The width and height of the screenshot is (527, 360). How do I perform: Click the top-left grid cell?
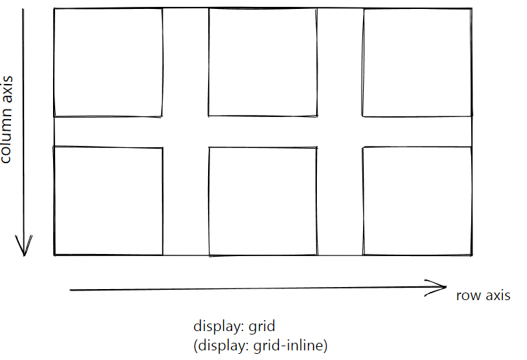pyautogui.click(x=108, y=62)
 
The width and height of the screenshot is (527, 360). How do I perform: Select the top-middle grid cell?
pyautogui.click(x=262, y=62)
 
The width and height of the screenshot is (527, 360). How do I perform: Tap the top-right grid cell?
pyautogui.click(x=417, y=62)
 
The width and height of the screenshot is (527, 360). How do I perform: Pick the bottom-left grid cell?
pyautogui.click(x=108, y=201)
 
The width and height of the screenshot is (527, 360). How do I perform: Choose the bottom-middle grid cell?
pyautogui.click(x=262, y=201)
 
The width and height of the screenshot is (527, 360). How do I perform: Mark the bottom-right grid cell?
pyautogui.click(x=417, y=201)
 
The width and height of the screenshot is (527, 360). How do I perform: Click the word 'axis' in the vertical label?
pyautogui.click(x=7, y=89)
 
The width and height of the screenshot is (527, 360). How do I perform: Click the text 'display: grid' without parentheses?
pyautogui.click(x=234, y=327)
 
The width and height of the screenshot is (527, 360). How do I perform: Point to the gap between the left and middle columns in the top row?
pyautogui.click(x=185, y=62)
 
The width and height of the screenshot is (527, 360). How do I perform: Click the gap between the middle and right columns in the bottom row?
pyautogui.click(x=340, y=201)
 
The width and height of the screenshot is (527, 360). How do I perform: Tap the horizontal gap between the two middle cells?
pyautogui.click(x=262, y=131)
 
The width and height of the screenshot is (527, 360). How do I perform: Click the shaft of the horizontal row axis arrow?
pyautogui.click(x=248, y=290)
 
